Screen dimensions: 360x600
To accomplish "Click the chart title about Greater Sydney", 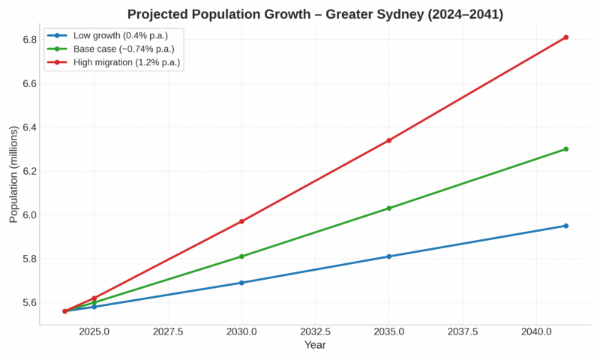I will [315, 14].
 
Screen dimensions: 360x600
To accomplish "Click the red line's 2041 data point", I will [566, 37].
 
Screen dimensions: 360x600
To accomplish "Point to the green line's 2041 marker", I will [566, 148].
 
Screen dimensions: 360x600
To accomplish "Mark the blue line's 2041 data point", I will [566, 226].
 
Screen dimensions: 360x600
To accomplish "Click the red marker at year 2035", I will [388, 140].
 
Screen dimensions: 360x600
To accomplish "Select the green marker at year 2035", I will [388, 208].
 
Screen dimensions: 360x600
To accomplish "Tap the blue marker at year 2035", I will [388, 256].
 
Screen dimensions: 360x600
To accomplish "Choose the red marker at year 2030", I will [241, 221].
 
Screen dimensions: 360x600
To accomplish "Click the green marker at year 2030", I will [241, 256].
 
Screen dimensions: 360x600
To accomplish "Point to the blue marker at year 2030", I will [241, 283].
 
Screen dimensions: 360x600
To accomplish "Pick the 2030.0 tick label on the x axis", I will [241, 331].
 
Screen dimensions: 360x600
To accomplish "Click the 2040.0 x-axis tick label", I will [536, 331].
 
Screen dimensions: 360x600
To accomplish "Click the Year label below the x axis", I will [315, 345].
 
